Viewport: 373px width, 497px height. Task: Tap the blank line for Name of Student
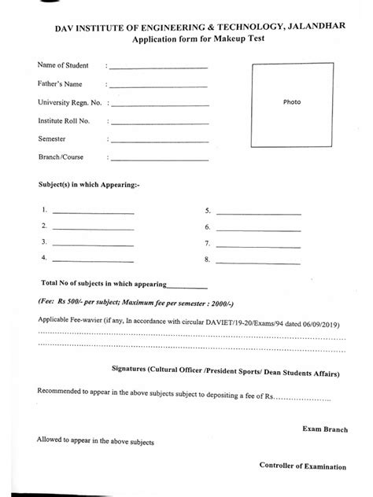pyautogui.click(x=158, y=68)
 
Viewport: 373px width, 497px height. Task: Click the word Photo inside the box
pyautogui.click(x=292, y=102)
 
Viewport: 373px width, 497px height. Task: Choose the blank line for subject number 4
pyautogui.click(x=93, y=260)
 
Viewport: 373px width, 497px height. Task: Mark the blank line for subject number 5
pyautogui.click(x=258, y=214)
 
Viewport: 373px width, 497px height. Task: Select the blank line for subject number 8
pyautogui.click(x=258, y=261)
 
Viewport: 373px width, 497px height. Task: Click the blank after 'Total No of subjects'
pyautogui.click(x=187, y=288)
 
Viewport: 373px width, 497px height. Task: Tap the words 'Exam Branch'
pyautogui.click(x=323, y=429)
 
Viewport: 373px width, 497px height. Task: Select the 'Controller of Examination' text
pyautogui.click(x=302, y=466)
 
